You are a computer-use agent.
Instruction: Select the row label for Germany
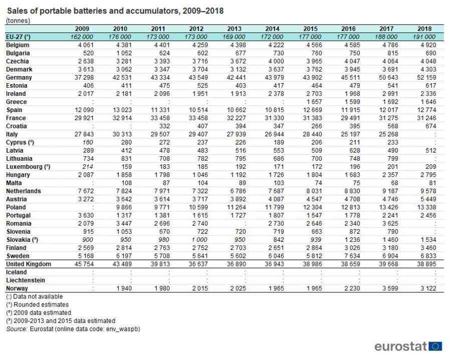19,78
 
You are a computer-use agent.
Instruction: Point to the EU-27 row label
18,37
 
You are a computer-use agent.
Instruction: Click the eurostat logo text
400,346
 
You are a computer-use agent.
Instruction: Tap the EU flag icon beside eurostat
435,346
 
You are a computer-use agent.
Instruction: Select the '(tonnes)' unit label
18,21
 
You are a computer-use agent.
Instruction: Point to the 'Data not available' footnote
35,296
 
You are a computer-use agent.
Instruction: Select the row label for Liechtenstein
26,280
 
